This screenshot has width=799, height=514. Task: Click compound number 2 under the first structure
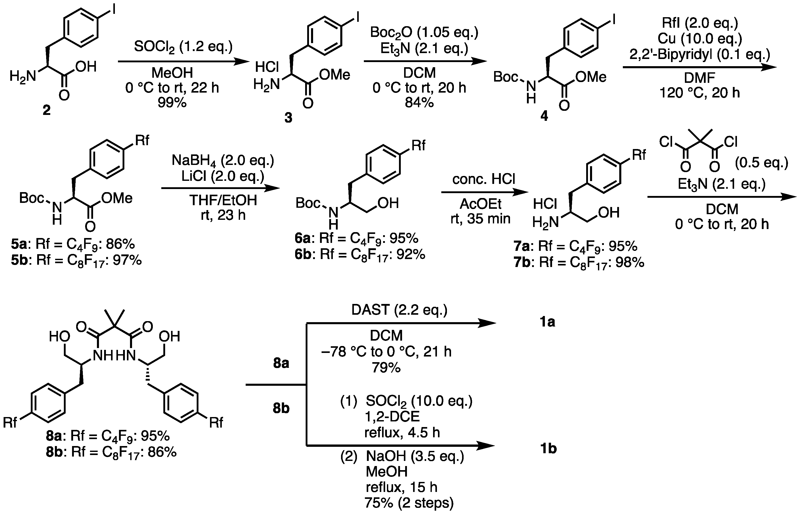47,110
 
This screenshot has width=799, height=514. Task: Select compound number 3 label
288,117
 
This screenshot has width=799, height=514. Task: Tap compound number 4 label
544,116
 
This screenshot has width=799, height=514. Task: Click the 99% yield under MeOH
172,102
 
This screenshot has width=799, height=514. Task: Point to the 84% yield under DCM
419,102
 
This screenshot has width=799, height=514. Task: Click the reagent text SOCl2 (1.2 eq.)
183,47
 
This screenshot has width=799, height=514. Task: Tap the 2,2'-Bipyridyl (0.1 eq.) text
700,54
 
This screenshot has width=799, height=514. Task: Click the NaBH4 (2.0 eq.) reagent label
223,161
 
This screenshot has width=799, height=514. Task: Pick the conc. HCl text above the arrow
484,180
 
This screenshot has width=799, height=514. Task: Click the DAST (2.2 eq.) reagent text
399,310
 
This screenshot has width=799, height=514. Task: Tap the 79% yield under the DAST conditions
386,368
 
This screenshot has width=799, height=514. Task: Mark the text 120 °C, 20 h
700,93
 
